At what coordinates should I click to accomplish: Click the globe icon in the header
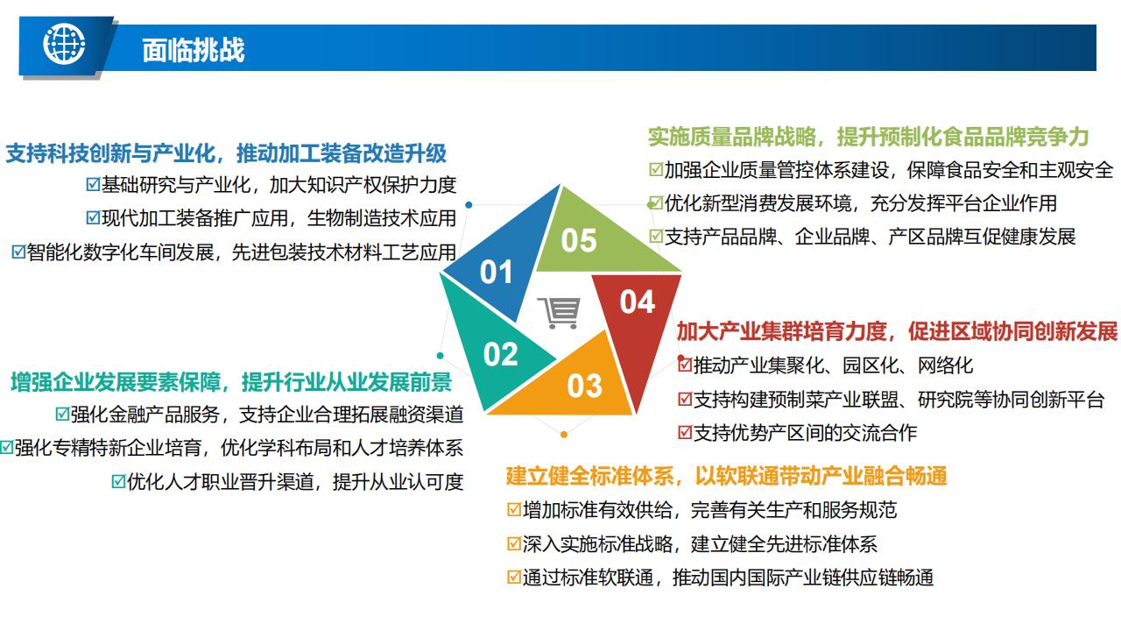point(64,44)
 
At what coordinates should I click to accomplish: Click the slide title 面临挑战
point(194,50)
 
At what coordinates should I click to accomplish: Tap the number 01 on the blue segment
point(496,272)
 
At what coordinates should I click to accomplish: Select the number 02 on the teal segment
point(500,354)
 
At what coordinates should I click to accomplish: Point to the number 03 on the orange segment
point(584,386)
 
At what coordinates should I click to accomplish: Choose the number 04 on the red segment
point(637,302)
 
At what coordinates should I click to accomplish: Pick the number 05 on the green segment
point(579,240)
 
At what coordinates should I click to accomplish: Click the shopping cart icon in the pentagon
point(559,313)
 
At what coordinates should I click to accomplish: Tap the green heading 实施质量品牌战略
point(732,137)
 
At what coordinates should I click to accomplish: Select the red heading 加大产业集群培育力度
point(782,331)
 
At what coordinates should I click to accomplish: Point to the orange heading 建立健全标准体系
point(590,476)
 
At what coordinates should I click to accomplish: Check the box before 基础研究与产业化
point(93,185)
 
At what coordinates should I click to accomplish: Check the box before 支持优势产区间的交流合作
point(685,433)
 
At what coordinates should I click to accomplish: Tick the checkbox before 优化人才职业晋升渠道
point(118,482)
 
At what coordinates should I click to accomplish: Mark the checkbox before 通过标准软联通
point(514,578)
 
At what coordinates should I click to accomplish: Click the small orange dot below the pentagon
point(564,435)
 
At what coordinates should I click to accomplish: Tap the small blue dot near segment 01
point(469,205)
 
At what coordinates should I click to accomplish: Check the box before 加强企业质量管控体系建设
point(656,170)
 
